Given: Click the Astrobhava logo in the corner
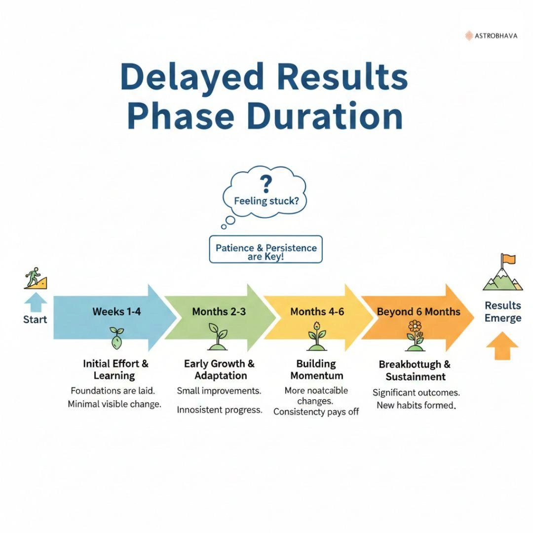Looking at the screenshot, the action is [x=491, y=36].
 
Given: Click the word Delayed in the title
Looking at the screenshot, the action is [x=192, y=77].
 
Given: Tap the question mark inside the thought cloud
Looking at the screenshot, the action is [x=266, y=184].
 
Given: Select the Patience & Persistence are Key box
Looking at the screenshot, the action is [x=266, y=249].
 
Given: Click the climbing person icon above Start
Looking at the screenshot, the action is [x=36, y=278].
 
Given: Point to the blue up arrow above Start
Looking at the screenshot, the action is [x=36, y=302].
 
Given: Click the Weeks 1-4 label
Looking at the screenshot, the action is [x=116, y=311].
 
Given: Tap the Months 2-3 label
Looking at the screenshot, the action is [x=219, y=311].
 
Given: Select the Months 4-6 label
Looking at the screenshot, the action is [x=317, y=311].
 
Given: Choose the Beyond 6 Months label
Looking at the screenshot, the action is [x=419, y=311].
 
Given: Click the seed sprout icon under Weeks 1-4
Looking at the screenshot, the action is [x=117, y=338].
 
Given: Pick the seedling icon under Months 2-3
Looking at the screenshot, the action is [x=218, y=337].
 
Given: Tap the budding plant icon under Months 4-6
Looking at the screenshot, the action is [x=317, y=336].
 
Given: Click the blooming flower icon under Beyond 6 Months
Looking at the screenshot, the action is [x=415, y=336].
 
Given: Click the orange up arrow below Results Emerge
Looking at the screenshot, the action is [x=502, y=345].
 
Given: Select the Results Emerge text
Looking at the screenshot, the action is [x=503, y=311].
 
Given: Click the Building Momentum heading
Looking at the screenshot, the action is [x=316, y=370].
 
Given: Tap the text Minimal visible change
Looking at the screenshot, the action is [x=114, y=404].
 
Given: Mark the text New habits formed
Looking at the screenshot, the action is [x=416, y=405].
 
